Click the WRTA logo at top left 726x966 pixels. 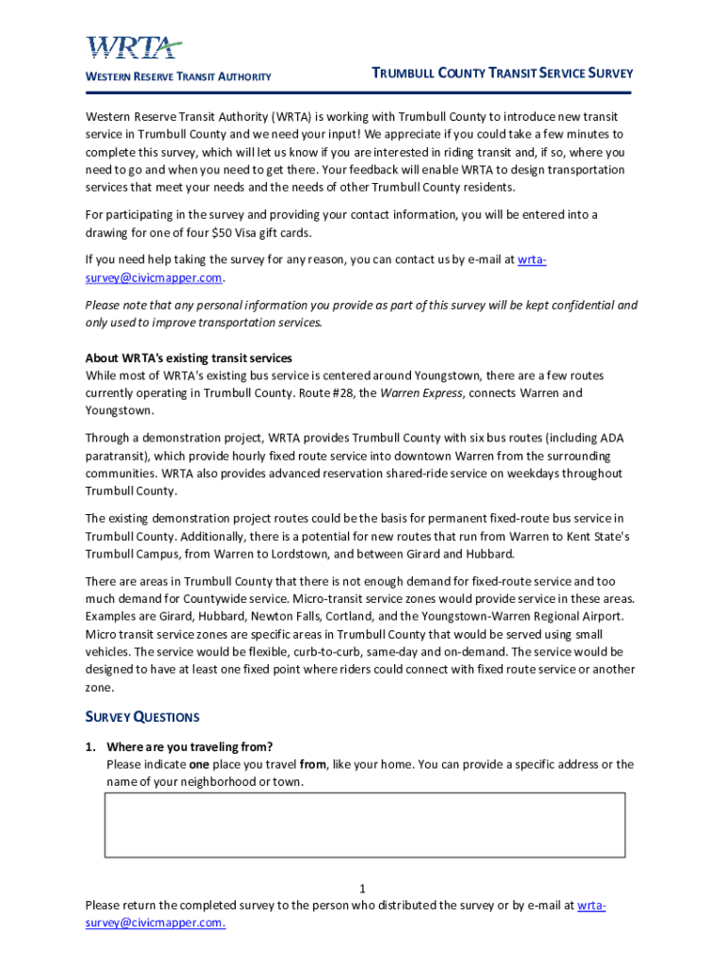pos(134,47)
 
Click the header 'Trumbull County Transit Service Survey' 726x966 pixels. pos(502,74)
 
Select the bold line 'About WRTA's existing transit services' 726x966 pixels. pos(189,358)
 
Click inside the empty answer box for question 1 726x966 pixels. pos(364,824)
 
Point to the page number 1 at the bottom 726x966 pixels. pos(363,889)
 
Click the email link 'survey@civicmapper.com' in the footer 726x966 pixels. pos(156,923)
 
